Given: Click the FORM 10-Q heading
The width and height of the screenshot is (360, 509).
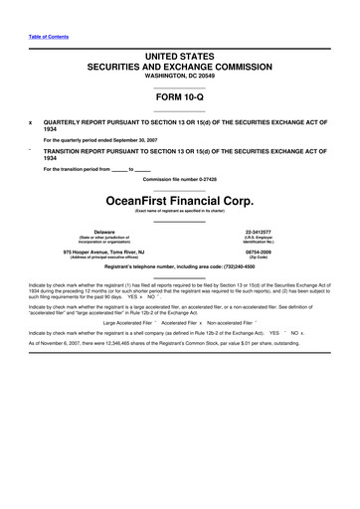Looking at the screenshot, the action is [180, 99].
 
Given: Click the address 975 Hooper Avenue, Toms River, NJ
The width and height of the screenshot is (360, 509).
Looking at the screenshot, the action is [106, 254].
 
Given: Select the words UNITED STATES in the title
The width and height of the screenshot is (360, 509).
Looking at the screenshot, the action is [180, 52].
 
